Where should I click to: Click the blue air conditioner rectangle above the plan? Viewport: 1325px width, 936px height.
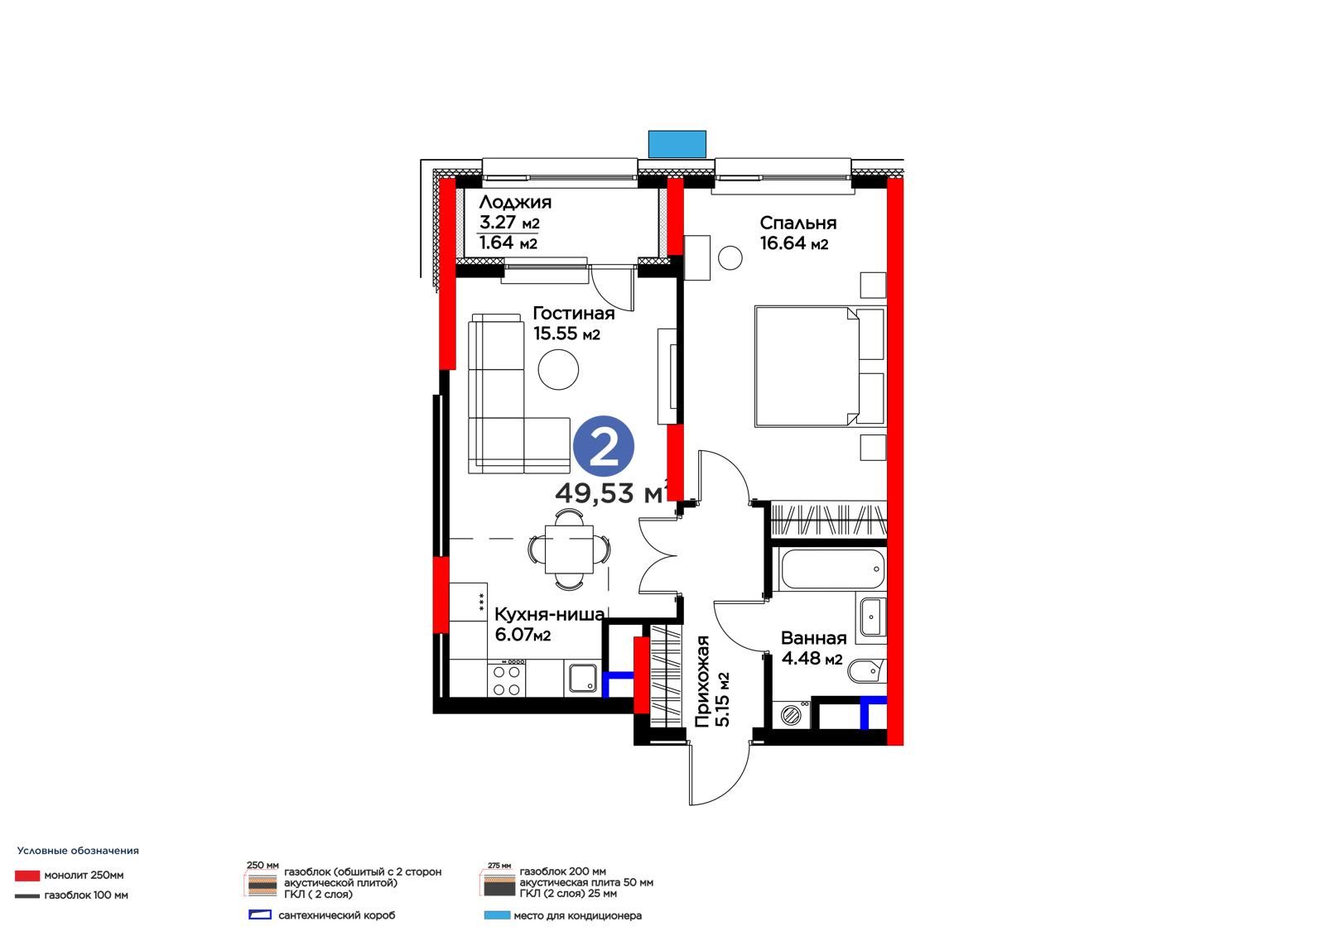pos(677,144)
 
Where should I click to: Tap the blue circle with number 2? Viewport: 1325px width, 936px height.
pos(604,446)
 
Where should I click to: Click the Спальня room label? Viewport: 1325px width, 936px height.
pos(798,223)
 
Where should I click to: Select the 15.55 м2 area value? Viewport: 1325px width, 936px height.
pos(566,334)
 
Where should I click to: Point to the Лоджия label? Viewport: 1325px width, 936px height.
pos(515,202)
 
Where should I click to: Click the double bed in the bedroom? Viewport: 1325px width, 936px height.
pos(819,366)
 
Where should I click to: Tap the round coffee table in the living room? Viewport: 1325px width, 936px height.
pos(558,370)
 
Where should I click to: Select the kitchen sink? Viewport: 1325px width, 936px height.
pos(583,678)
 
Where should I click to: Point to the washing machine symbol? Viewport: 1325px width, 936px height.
pos(791,715)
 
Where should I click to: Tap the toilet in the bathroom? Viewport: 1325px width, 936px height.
pos(866,670)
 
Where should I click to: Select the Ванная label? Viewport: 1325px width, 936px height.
pos(814,638)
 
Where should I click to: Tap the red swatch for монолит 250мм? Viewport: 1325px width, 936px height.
pos(27,875)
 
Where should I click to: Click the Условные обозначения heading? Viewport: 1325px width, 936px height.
pos(78,850)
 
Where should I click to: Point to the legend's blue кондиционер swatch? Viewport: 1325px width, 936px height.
pos(497,915)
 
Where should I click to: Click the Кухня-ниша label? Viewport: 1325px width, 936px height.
pos(550,614)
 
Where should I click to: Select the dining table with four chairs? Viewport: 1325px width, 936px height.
pos(569,550)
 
